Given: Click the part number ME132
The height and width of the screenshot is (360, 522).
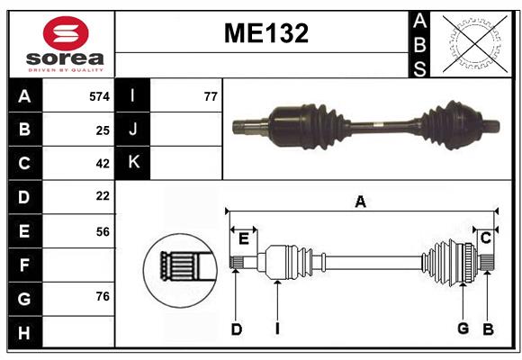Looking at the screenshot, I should pyautogui.click(x=265, y=34).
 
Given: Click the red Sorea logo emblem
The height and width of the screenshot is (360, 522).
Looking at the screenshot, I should pyautogui.click(x=66, y=33).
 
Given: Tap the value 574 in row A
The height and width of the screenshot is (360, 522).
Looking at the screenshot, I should pyautogui.click(x=99, y=95).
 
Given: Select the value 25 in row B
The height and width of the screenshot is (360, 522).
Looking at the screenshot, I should pyautogui.click(x=102, y=130).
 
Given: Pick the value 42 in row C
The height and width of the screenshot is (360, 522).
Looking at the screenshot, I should pyautogui.click(x=102, y=164).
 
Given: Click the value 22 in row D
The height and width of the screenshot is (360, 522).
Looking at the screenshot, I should pyautogui.click(x=102, y=196).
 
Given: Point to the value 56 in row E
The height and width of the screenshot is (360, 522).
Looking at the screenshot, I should pyautogui.click(x=102, y=231).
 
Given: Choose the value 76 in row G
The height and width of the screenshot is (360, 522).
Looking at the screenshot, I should pyautogui.click(x=102, y=296).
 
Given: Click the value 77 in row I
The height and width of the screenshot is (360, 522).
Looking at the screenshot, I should pyautogui.click(x=211, y=95).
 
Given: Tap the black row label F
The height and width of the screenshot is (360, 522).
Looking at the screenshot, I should pyautogui.click(x=24, y=265).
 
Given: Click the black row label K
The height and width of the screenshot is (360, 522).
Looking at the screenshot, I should pyautogui.click(x=133, y=163).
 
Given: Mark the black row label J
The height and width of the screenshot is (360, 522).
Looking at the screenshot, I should pyautogui.click(x=133, y=130).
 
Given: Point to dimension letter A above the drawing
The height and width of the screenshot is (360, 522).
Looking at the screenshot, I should pyautogui.click(x=360, y=202).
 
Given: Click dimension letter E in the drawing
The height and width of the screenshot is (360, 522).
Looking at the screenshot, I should pyautogui.click(x=243, y=238).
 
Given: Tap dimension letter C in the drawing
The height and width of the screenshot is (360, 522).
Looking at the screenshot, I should pyautogui.click(x=485, y=238).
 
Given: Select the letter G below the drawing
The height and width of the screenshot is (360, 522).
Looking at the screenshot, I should pyautogui.click(x=463, y=328).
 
